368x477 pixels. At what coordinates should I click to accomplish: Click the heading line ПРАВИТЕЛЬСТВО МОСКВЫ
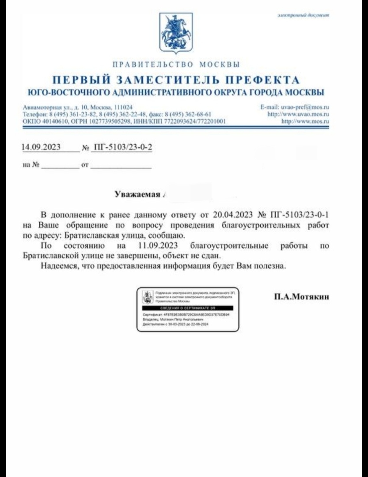click(176, 64)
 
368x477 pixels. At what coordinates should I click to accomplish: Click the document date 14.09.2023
click(41, 147)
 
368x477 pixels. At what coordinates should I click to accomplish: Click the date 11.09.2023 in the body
click(149, 246)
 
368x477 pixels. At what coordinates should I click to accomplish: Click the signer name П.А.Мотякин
click(301, 297)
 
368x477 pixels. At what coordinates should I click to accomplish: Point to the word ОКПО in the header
click(30, 121)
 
